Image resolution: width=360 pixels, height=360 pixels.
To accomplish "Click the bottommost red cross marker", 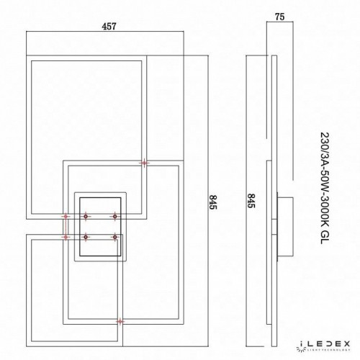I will coord(120,320).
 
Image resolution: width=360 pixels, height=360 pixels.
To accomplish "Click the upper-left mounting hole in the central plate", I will coord(85,216).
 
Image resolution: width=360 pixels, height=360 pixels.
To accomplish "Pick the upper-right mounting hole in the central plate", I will coord(113,216).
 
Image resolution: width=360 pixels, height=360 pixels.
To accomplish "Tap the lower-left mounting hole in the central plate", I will coord(85,236).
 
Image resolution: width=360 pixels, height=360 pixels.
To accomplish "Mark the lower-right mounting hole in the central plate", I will coord(113,236).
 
